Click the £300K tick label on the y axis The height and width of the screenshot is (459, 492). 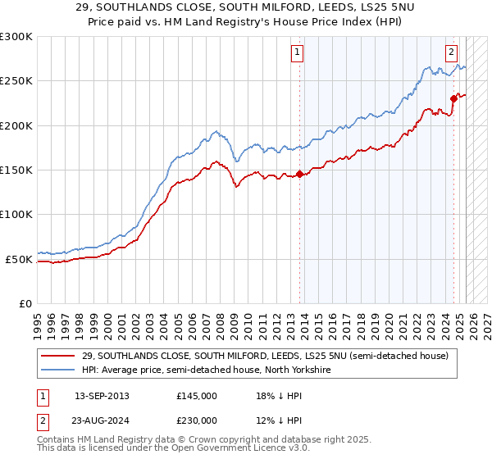[x=16, y=37]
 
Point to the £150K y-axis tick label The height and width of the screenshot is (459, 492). [x=16, y=170]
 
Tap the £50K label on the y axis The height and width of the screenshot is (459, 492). [x=19, y=259]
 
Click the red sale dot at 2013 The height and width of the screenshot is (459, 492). [x=300, y=174]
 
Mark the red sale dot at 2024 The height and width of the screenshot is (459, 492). [x=453, y=98]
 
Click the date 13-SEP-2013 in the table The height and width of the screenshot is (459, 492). [x=102, y=396]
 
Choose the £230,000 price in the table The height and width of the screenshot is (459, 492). [x=197, y=422]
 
